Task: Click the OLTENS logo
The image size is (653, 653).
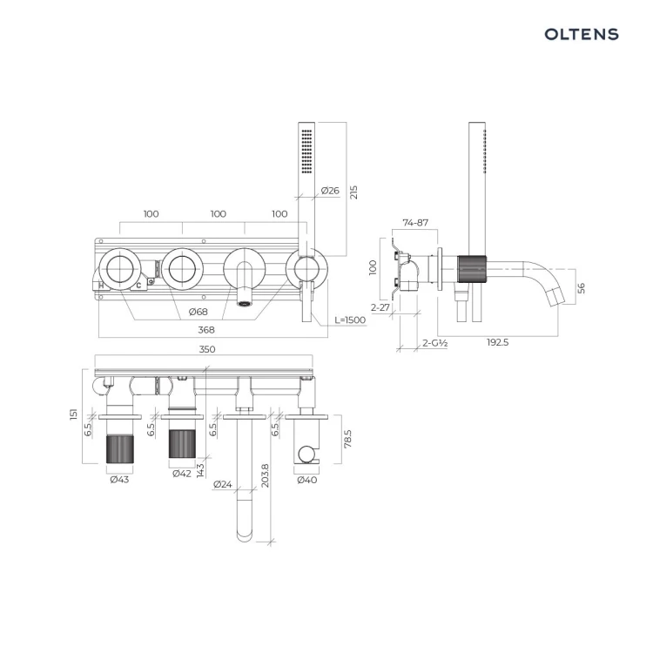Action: pyautogui.click(x=582, y=34)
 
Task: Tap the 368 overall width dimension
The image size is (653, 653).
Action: pyautogui.click(x=206, y=330)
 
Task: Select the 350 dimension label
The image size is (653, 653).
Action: pyautogui.click(x=207, y=349)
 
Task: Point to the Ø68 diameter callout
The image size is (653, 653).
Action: pyautogui.click(x=198, y=312)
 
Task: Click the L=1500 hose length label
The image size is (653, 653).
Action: pyautogui.click(x=350, y=320)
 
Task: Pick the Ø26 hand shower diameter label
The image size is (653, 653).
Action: pyautogui.click(x=330, y=191)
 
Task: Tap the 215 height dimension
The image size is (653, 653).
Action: pyautogui.click(x=353, y=192)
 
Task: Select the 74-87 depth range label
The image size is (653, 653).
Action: pyautogui.click(x=415, y=223)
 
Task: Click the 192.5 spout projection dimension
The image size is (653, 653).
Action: pyautogui.click(x=498, y=342)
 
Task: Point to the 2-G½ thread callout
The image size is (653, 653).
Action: pyautogui.click(x=434, y=343)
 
